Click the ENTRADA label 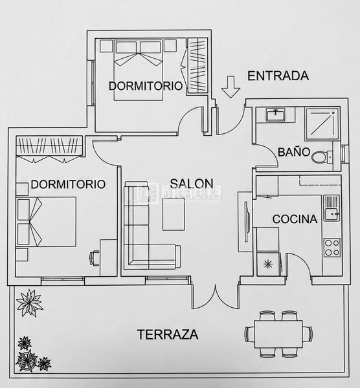(x=278, y=76)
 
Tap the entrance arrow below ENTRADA (x=231, y=87)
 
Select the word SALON (x=192, y=184)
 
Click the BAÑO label (x=294, y=152)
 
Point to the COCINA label (x=295, y=219)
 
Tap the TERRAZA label (x=168, y=334)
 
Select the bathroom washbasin (x=275, y=115)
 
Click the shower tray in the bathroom (x=322, y=124)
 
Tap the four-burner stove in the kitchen (x=332, y=248)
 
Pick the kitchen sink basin (x=332, y=214)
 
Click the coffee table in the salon (x=174, y=214)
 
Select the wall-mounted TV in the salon (x=246, y=222)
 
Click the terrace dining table (x=278, y=334)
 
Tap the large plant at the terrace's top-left (x=30, y=303)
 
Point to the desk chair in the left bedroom (x=94, y=258)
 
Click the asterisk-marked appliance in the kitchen (x=268, y=264)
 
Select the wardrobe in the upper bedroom (x=197, y=65)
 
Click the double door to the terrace (x=216, y=296)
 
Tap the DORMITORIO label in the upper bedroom (x=146, y=86)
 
